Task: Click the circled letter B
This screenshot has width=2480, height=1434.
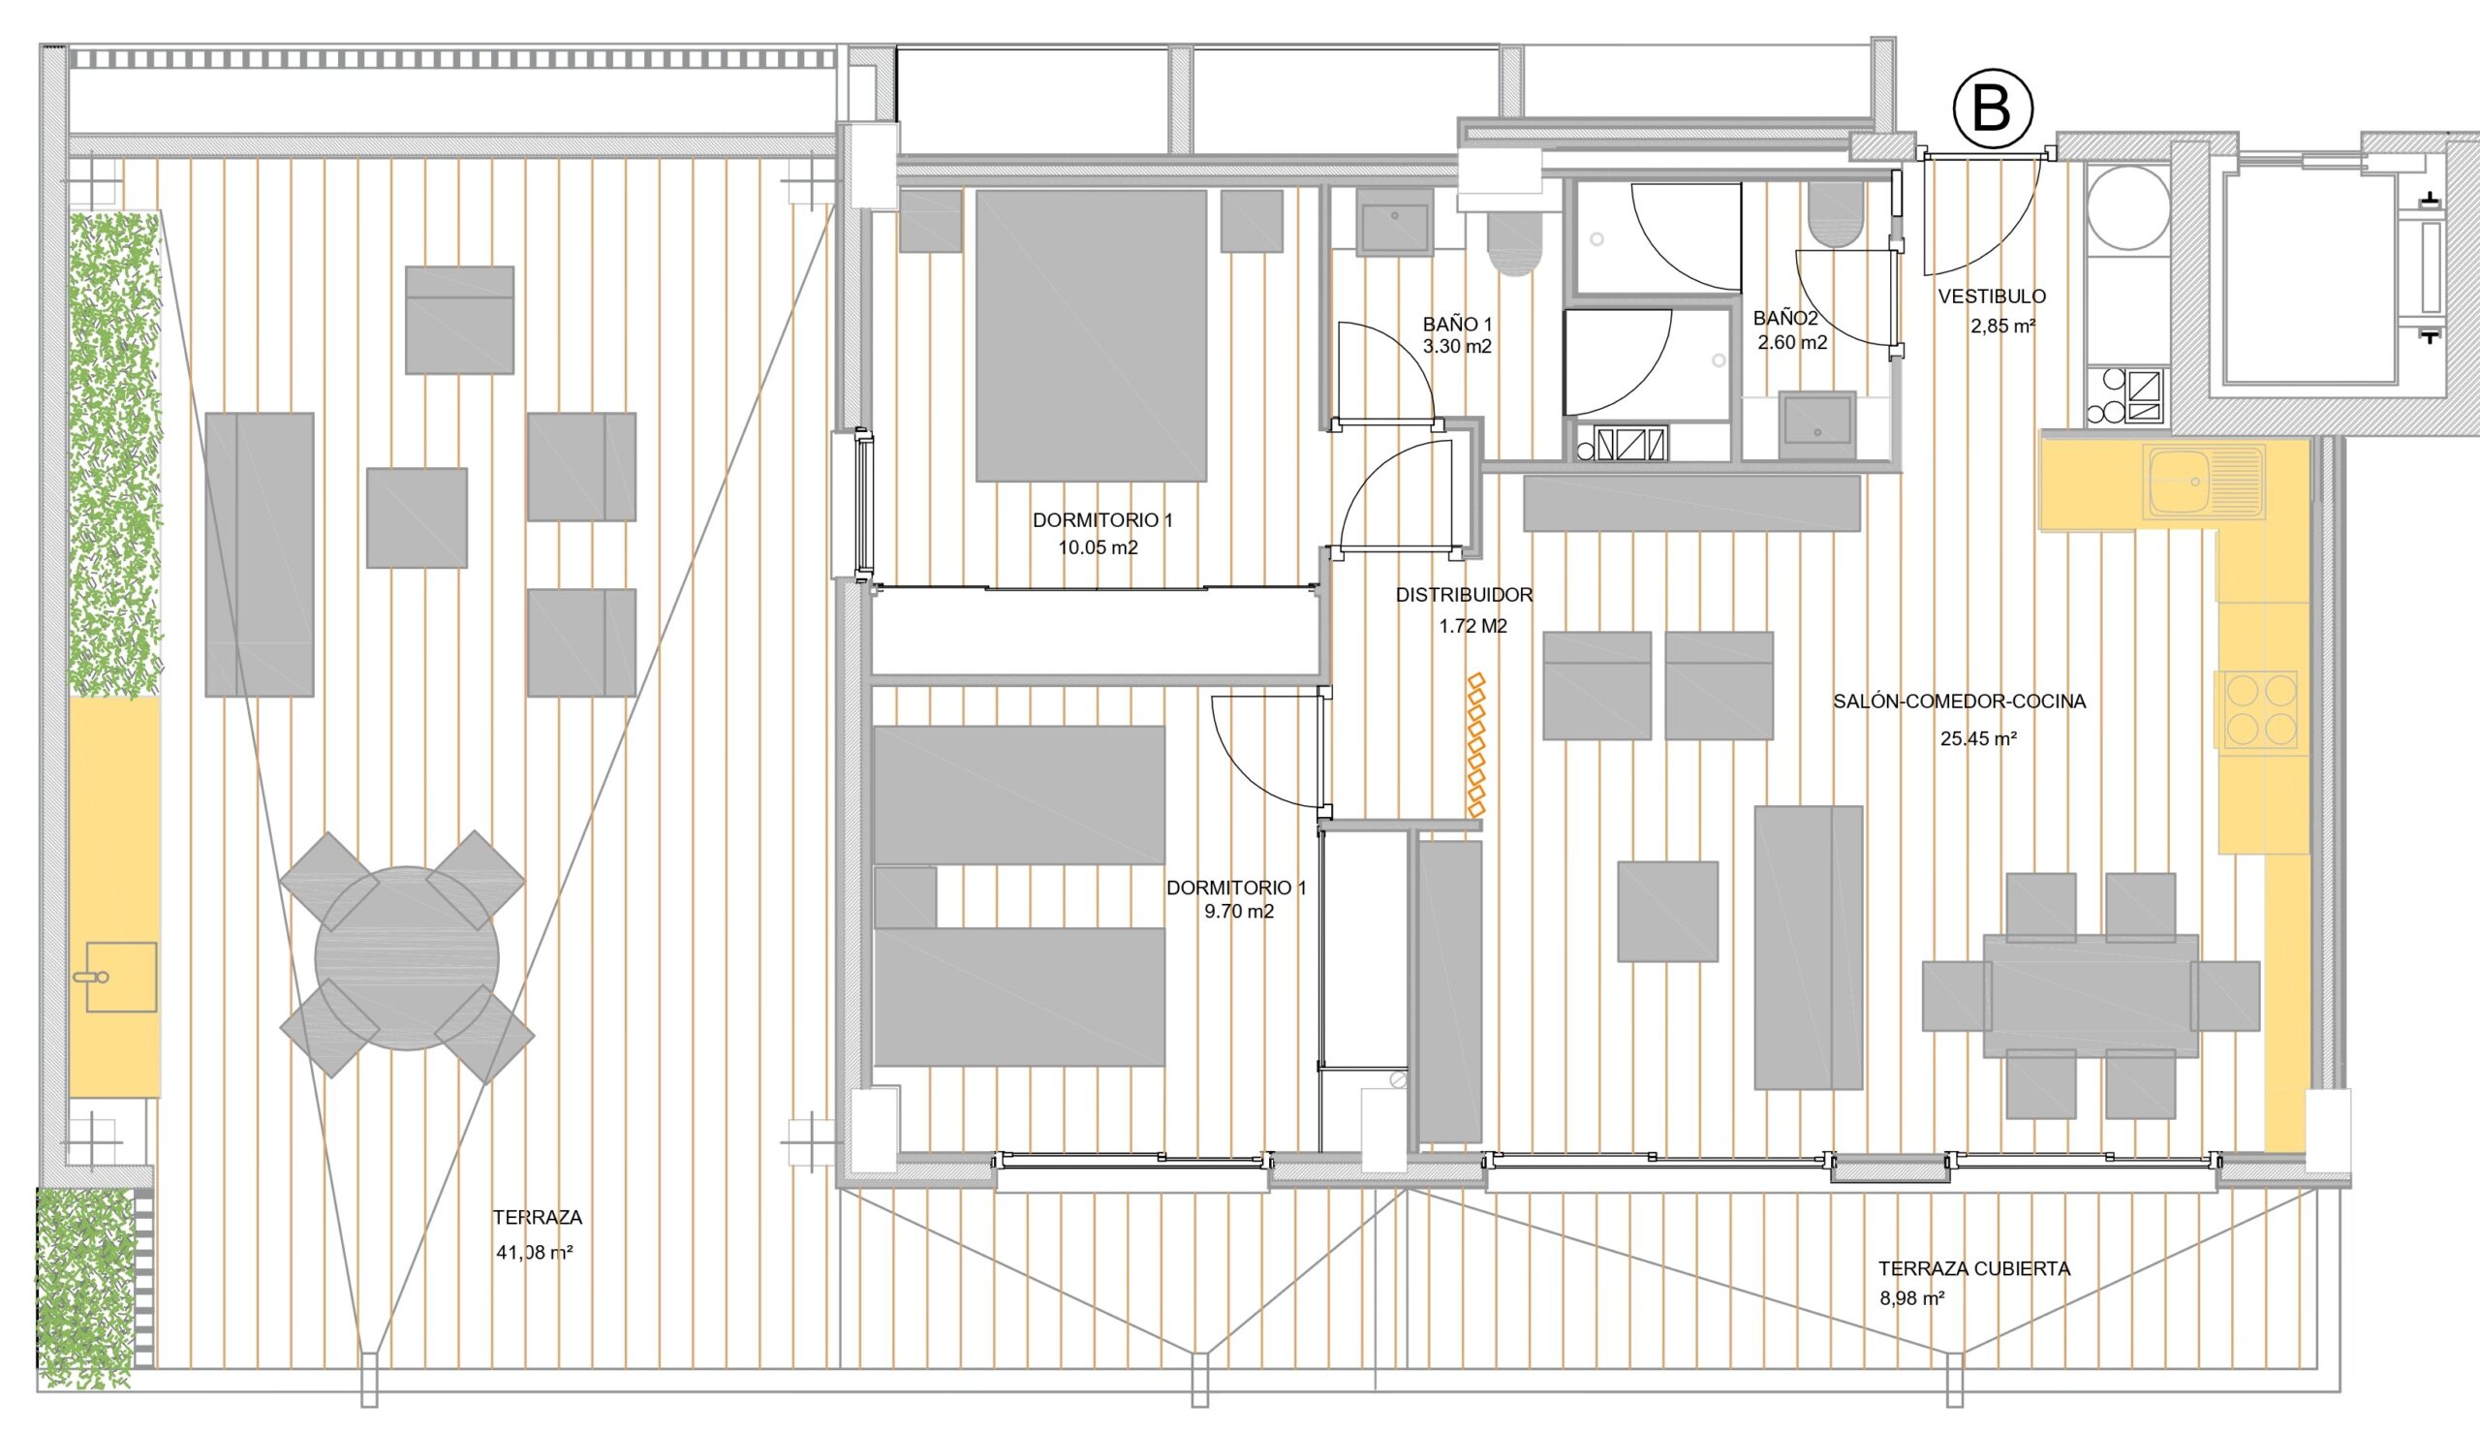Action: [1992, 109]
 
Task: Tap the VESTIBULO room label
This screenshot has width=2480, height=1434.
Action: [1992, 296]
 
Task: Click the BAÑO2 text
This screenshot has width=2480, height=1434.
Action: [1785, 319]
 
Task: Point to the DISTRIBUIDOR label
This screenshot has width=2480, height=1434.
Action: [1465, 595]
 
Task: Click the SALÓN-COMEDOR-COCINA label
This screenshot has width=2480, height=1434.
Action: [1960, 701]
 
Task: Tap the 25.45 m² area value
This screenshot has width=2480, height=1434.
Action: [1979, 738]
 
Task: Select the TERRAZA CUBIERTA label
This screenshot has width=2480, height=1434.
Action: [1974, 1268]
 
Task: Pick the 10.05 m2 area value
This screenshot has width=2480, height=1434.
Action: [1099, 548]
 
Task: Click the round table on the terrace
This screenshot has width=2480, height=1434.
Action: [407, 957]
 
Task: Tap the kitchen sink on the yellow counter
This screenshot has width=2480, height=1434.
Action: [2208, 483]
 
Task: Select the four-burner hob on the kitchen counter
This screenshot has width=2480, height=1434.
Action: [2255, 709]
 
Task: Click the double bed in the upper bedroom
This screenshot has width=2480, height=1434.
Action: [1091, 335]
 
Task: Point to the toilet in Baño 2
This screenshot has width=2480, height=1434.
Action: [1836, 214]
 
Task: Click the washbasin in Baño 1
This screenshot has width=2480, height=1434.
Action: [1393, 223]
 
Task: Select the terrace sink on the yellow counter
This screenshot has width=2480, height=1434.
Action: [121, 977]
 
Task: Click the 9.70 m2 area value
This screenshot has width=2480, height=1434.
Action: [1239, 913]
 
